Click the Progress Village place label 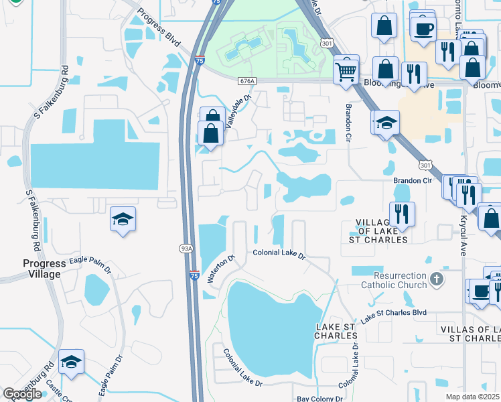click(42, 269)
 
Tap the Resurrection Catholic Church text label click(391, 280)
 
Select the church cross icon click(436, 279)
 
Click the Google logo click(22, 394)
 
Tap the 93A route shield click(186, 248)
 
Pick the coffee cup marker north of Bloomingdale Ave click(423, 29)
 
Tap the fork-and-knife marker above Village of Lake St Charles click(402, 214)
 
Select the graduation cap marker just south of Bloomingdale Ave click(386, 123)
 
